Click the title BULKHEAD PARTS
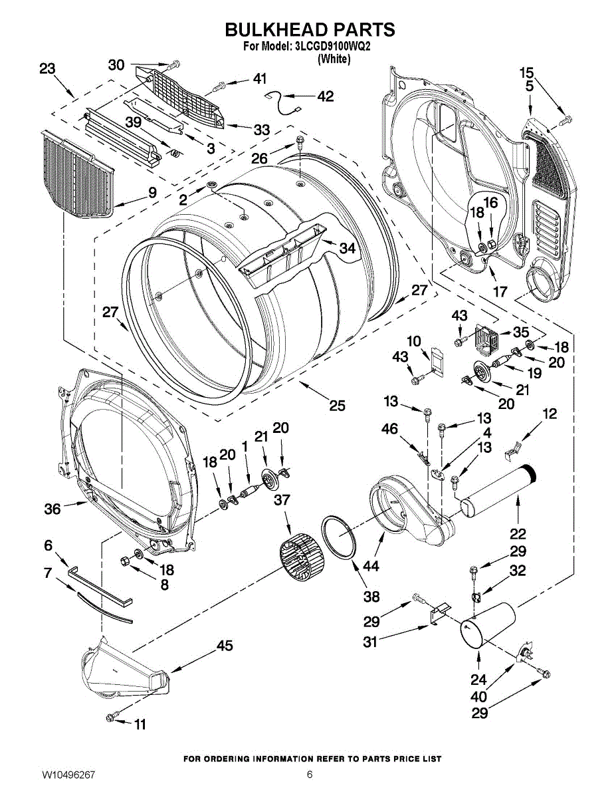point(310,30)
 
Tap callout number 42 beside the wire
point(325,96)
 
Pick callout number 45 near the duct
point(225,646)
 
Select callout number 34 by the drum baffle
point(347,248)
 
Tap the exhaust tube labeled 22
point(495,493)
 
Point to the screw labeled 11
point(111,716)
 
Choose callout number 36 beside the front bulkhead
point(52,509)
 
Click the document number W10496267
point(68,775)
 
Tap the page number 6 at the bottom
point(310,775)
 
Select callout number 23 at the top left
point(47,68)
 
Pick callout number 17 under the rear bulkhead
point(500,291)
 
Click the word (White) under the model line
point(334,59)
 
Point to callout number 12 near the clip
point(549,414)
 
